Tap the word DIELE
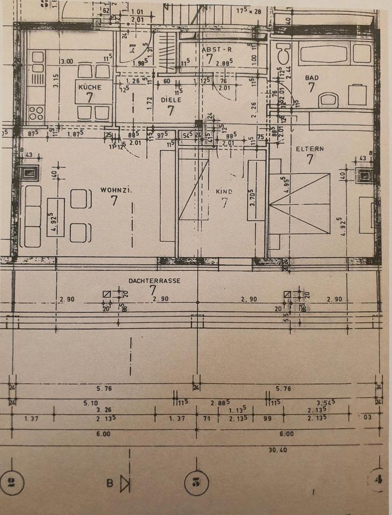pos(171,100)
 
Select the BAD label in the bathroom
pos(312,78)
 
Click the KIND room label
pos(224,192)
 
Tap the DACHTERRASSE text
pos(154,281)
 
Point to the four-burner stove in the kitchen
pos(36,113)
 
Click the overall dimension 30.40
pos(278,450)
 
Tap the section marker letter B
pos(110,484)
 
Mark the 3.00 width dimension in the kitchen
pos(66,61)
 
